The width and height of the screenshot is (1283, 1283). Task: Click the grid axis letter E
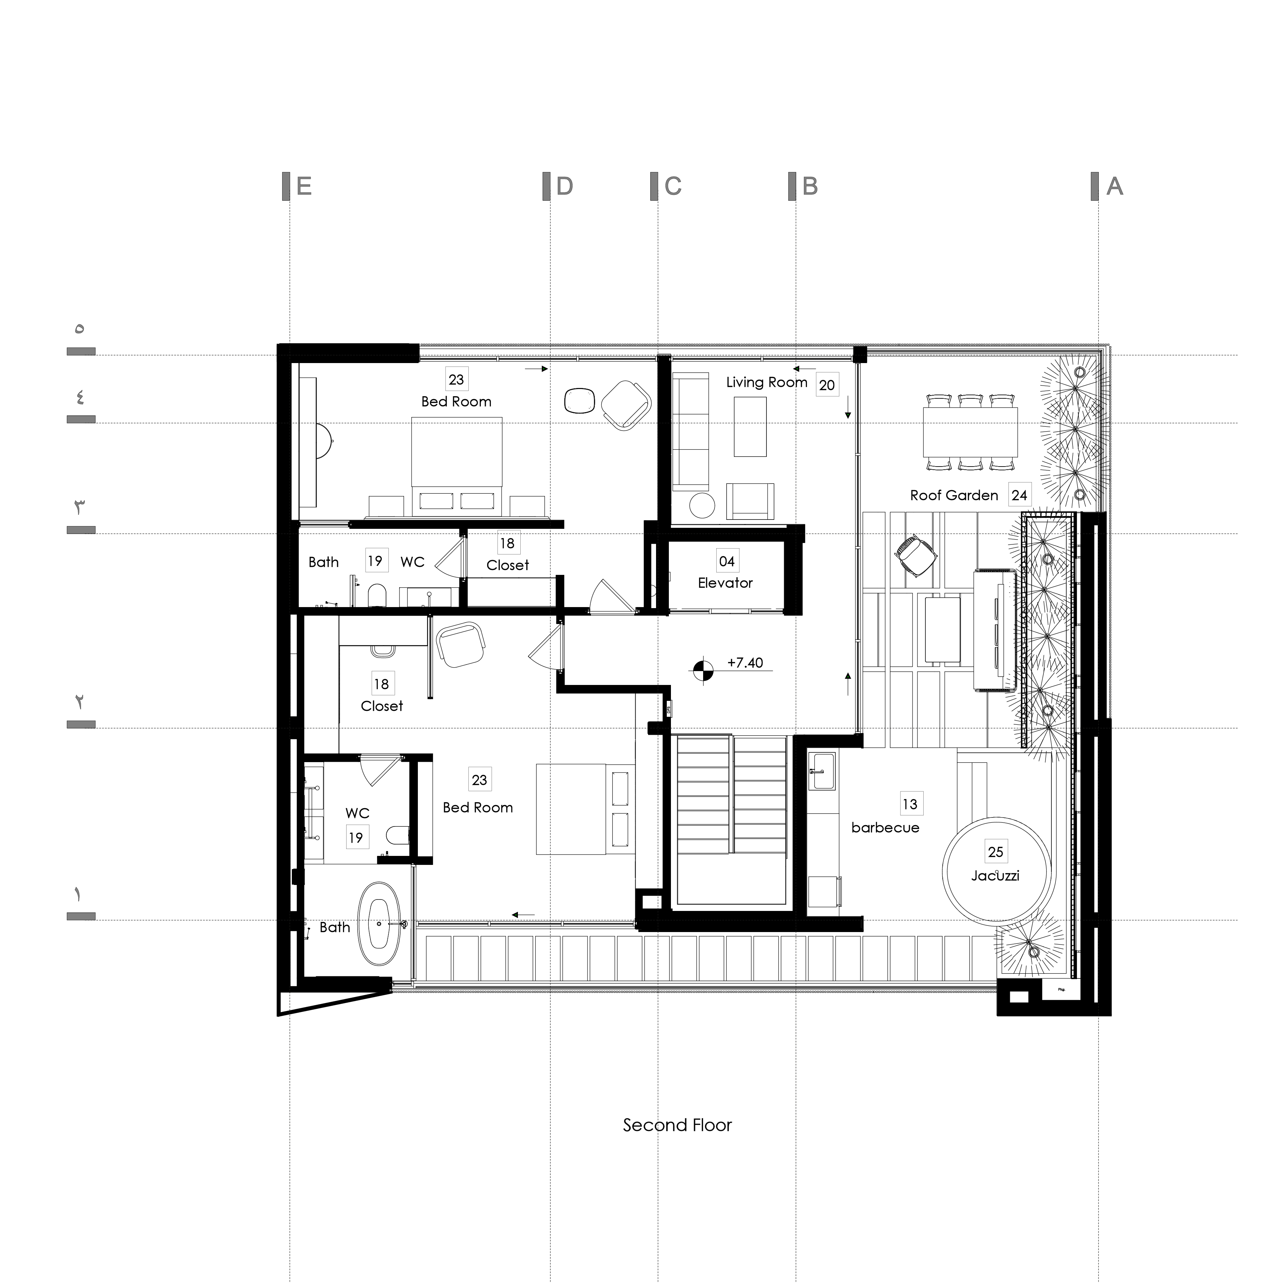click(304, 187)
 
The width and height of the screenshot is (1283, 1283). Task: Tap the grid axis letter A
click(1114, 187)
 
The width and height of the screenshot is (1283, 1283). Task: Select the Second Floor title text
click(677, 1125)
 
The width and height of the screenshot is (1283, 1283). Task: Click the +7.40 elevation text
click(745, 663)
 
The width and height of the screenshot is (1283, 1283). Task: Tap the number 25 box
click(995, 851)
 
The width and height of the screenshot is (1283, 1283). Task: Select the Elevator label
click(725, 583)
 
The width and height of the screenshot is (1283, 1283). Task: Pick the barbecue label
click(885, 828)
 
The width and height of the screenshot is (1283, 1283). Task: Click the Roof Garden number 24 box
click(1019, 495)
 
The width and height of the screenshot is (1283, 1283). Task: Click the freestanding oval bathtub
click(380, 924)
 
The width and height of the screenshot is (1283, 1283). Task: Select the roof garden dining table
click(970, 432)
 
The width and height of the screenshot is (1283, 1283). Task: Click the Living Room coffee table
click(750, 426)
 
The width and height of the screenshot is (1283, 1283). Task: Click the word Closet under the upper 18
click(508, 565)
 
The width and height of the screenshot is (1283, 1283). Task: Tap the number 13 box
click(909, 804)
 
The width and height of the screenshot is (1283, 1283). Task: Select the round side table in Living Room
click(702, 505)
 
